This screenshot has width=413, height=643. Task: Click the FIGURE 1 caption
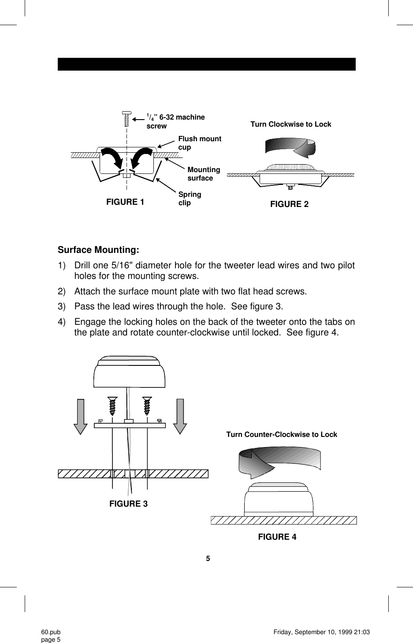(125, 202)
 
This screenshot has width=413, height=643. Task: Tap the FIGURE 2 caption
(289, 204)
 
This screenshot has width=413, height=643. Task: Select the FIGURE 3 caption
(128, 504)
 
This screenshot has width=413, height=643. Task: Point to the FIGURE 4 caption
(277, 537)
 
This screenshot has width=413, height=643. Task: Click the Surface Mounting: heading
(98, 250)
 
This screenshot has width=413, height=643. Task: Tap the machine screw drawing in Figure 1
(127, 118)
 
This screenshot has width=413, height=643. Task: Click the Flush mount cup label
(199, 143)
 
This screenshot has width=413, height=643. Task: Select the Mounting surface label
(203, 174)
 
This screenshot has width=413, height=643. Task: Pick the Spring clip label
(190, 199)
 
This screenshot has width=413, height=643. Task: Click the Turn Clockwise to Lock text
(290, 124)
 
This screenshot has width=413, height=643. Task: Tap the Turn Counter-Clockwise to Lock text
(281, 435)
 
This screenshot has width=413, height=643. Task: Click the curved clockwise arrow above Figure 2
(290, 147)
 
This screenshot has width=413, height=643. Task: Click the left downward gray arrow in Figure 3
(80, 416)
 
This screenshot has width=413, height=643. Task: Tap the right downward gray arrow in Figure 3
(180, 416)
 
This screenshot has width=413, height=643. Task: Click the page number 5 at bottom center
(208, 559)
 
